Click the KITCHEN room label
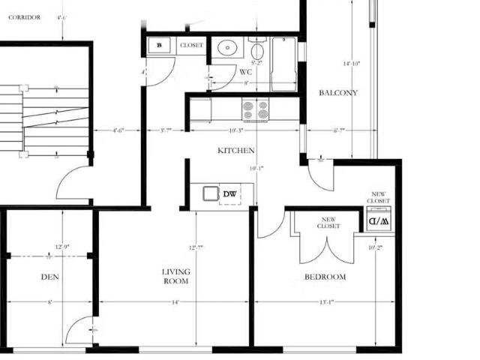point(235,151)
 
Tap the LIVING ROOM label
point(176,276)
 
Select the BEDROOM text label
point(325,277)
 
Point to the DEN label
point(49,277)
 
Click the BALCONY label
point(337,93)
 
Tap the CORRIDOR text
point(25,16)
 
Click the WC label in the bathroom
point(245,72)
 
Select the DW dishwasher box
point(229,195)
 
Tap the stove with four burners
point(256,109)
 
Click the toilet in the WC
point(256,52)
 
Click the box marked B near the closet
point(159,46)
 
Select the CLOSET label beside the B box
point(191,46)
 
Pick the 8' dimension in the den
point(49,302)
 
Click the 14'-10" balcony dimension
point(351,64)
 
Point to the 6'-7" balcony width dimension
point(338,130)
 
